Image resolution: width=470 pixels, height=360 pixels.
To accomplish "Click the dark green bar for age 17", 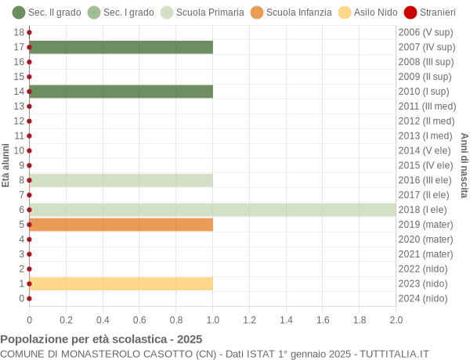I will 121,47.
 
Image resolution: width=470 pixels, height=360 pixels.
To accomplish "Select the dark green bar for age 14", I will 121,92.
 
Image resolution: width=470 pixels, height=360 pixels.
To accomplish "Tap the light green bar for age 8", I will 121,180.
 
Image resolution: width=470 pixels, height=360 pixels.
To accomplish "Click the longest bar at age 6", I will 212,210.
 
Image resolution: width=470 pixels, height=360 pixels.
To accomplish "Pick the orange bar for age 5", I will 121,225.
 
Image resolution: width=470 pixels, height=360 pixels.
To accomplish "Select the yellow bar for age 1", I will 121,283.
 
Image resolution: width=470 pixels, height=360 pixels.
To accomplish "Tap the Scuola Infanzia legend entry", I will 291,13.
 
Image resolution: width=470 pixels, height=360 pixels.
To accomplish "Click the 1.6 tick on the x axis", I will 323,319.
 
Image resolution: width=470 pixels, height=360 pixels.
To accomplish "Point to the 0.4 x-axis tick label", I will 103,319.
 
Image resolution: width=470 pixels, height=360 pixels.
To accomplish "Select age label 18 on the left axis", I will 19,32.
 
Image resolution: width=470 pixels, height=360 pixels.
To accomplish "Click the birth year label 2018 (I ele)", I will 424,210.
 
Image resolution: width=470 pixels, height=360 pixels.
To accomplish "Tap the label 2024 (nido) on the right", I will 424,298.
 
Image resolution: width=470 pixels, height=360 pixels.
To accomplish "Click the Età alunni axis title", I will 6,165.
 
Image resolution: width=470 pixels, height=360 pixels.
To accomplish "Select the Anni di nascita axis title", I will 464,165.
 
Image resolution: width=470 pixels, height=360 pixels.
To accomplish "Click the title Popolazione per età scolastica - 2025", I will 101,339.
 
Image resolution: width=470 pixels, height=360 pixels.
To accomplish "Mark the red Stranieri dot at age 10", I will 29,150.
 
